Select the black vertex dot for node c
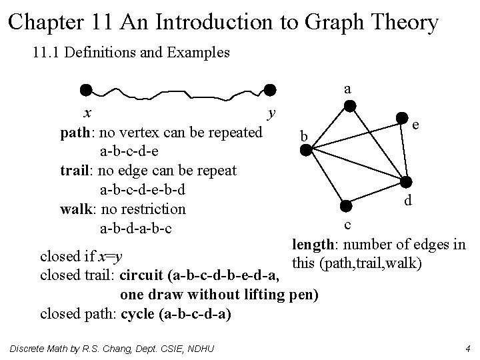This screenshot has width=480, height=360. click(x=344, y=207)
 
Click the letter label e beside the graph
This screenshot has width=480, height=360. click(x=415, y=125)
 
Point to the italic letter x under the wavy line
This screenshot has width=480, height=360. click(x=87, y=111)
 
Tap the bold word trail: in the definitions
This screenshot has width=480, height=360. click(x=80, y=171)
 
